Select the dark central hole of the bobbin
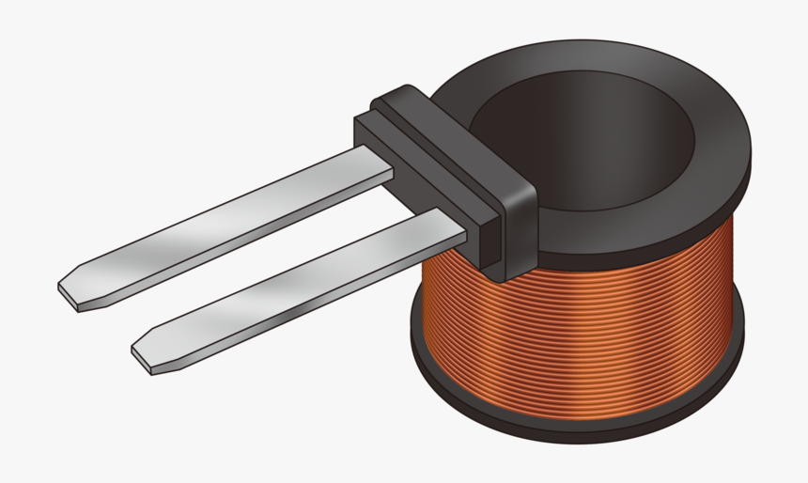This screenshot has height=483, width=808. (x=583, y=141)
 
